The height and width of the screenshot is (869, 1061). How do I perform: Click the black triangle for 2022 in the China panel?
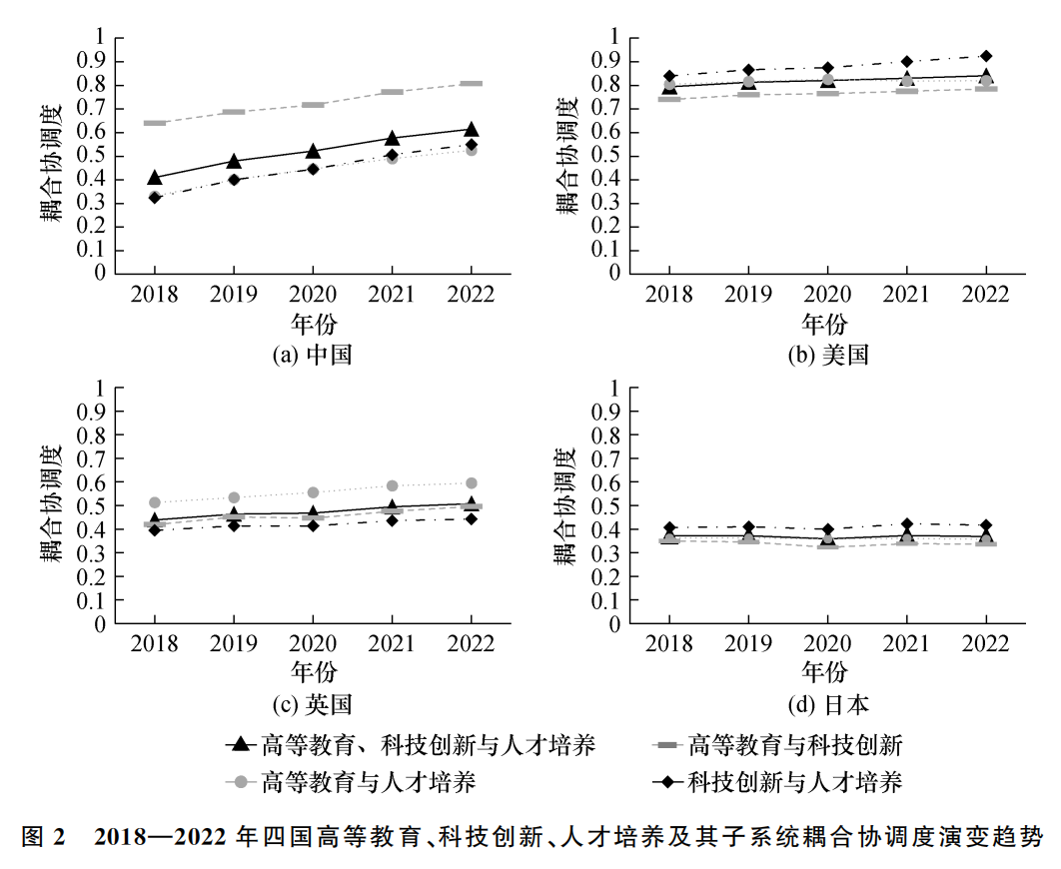pos(472,129)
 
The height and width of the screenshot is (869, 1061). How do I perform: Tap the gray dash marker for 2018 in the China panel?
pos(155,123)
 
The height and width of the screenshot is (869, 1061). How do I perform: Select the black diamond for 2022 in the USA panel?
pos(986,56)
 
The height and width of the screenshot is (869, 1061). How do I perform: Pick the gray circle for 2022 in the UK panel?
pos(472,482)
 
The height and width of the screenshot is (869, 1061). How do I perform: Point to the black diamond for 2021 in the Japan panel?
pos(907,524)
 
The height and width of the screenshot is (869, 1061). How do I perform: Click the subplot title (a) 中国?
pos(312,355)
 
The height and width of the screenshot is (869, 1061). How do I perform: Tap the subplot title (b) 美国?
pos(827,355)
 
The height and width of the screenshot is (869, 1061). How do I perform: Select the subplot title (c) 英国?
pos(312,704)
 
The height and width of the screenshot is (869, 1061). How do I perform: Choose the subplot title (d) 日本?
pos(827,704)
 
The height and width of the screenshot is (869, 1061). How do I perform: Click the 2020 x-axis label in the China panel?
pos(313,295)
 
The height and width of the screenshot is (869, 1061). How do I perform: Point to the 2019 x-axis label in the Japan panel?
pos(748,644)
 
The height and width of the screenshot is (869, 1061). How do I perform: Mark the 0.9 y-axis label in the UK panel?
pos(91,412)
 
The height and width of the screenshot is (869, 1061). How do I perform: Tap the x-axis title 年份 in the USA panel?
pos(825,324)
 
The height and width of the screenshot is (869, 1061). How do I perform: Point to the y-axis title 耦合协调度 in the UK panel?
pos(51,504)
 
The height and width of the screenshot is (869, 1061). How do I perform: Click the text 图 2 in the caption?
pos(43,837)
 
